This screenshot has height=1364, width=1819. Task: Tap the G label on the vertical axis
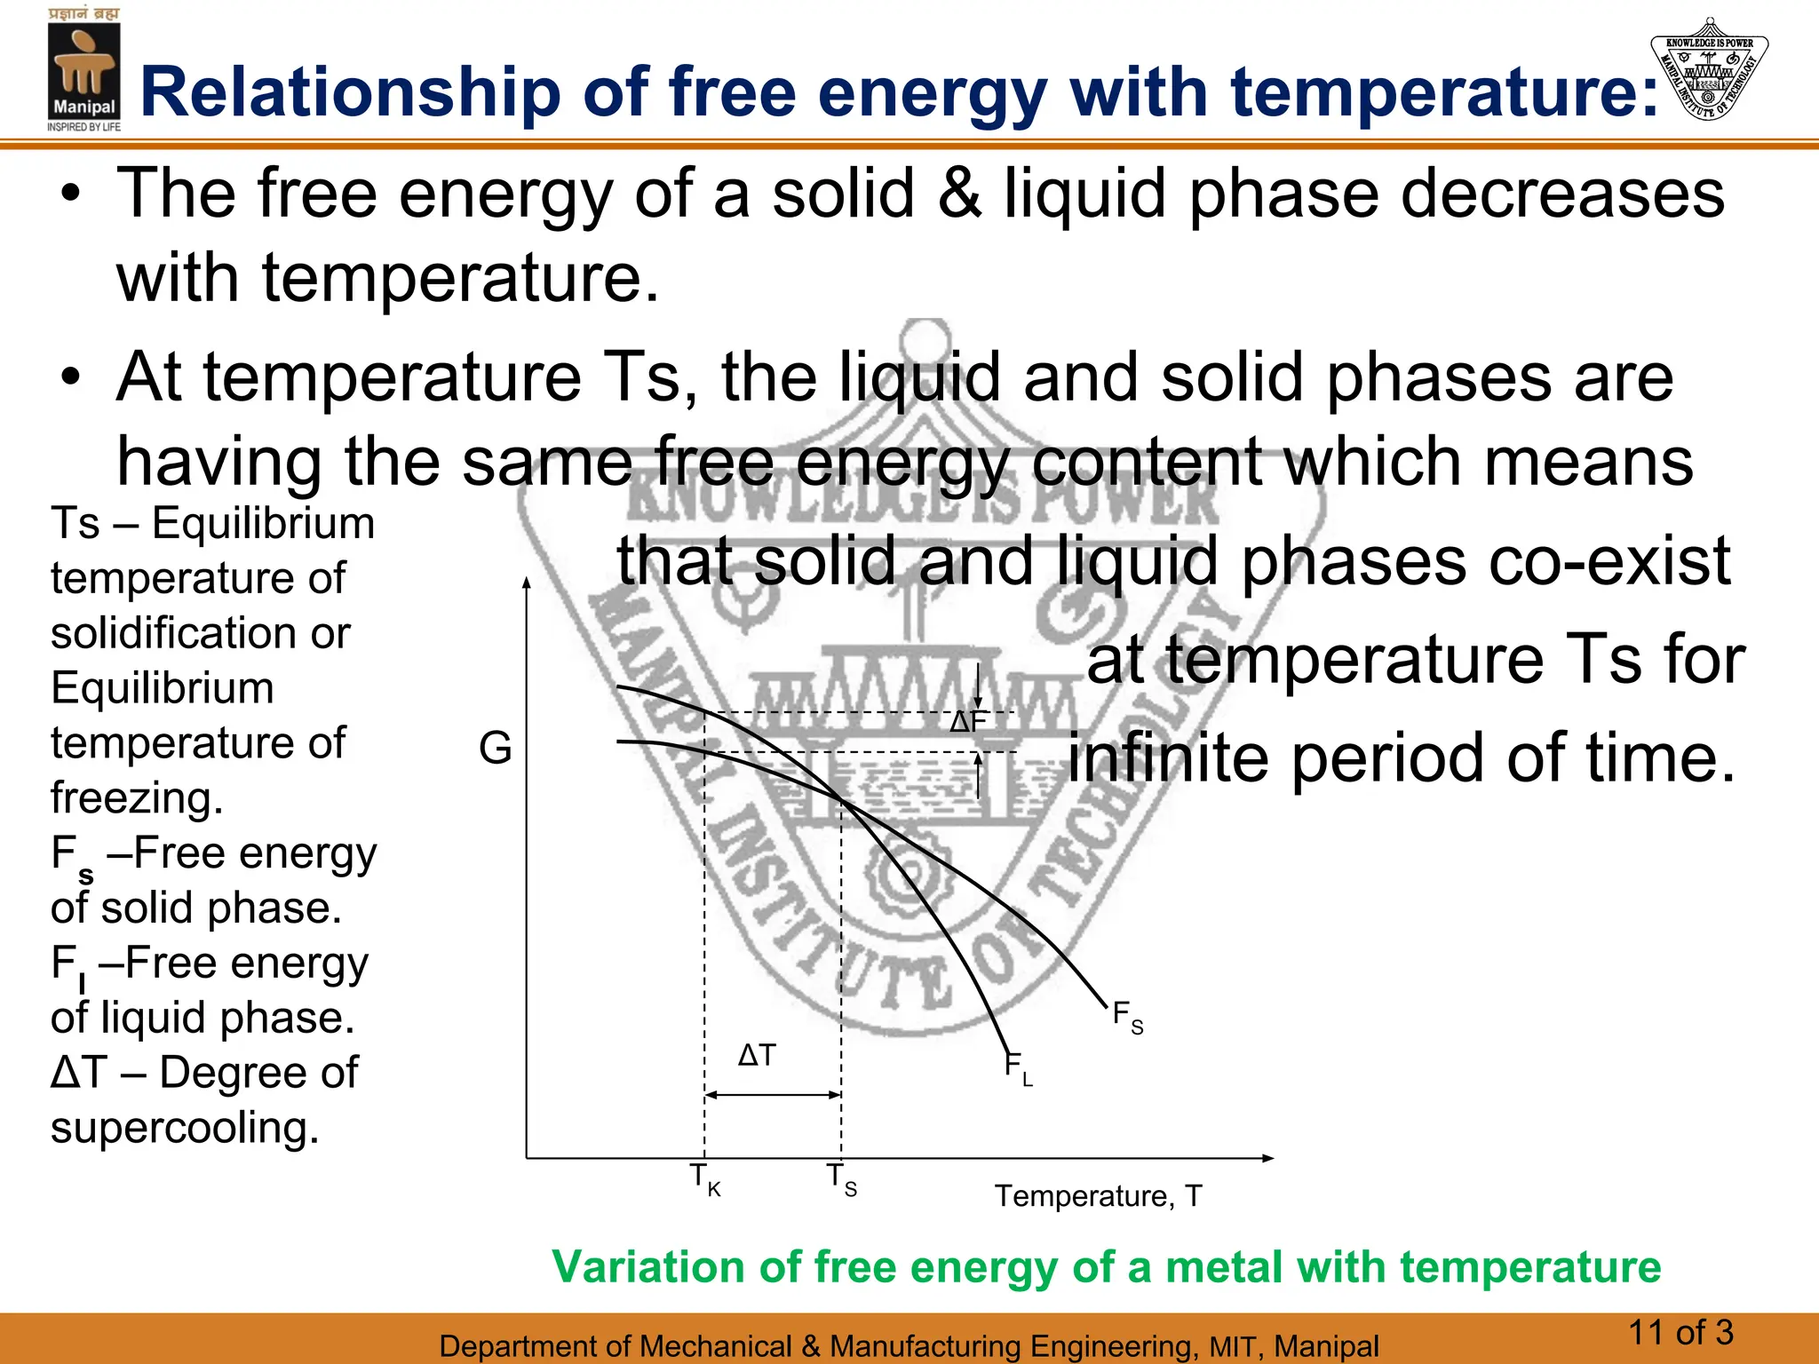coord(495,748)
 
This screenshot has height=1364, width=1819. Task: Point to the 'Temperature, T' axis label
coord(1098,1196)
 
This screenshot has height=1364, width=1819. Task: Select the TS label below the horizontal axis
coord(841,1180)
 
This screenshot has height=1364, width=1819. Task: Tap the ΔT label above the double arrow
coord(757,1056)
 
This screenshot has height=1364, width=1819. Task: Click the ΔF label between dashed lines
coord(967,723)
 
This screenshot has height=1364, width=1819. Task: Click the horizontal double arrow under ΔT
coord(773,1095)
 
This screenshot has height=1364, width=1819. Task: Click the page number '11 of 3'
coord(1680,1332)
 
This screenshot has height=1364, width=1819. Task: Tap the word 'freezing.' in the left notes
coord(137,798)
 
